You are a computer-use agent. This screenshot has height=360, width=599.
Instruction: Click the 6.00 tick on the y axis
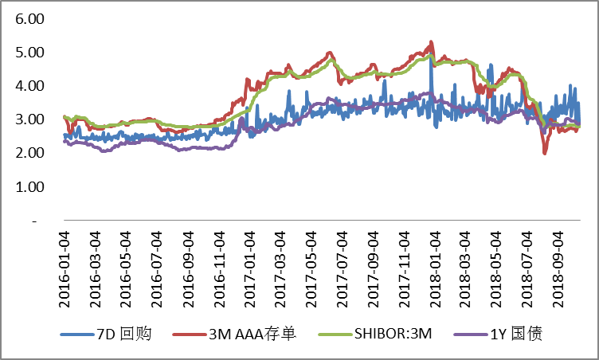(x=28, y=18)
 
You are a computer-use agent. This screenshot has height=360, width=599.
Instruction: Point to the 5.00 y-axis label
(x=28, y=53)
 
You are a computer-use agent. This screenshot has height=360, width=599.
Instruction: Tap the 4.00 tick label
(x=28, y=86)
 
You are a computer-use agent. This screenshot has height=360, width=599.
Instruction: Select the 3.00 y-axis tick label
(x=28, y=119)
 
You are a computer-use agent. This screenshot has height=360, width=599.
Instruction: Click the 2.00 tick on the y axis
(x=28, y=153)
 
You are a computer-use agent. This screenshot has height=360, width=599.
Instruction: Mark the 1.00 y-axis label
(x=28, y=187)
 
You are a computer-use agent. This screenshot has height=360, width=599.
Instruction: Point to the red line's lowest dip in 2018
(x=545, y=152)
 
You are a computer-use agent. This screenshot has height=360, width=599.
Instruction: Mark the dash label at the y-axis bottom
(x=37, y=221)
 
